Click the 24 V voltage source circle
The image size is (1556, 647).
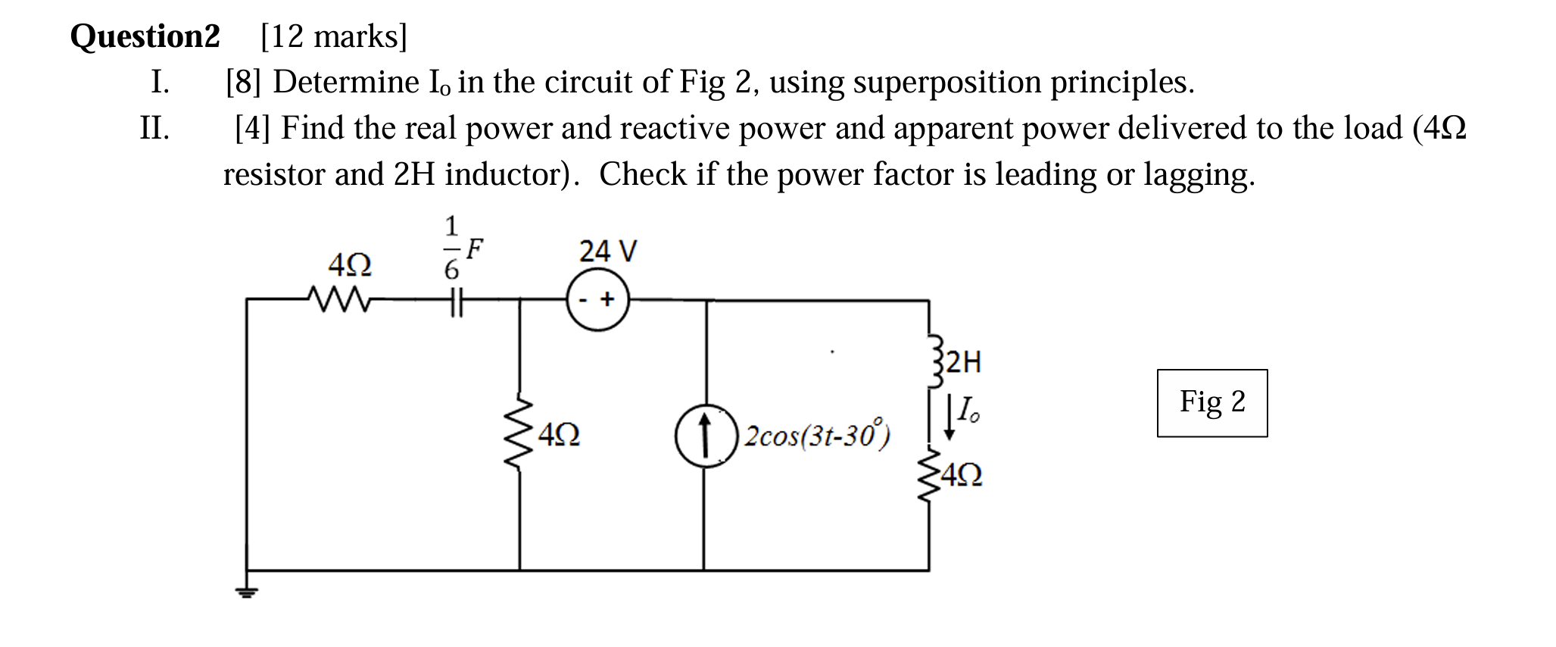point(598,300)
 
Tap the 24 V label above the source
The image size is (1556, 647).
point(608,251)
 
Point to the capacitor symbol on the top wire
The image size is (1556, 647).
point(453,301)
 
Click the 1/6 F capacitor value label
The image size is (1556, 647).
point(461,248)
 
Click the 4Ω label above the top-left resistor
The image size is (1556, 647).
point(350,265)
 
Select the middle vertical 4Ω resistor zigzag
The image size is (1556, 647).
point(519,433)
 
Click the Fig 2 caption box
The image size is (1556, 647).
point(1211,402)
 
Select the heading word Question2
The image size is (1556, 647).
point(145,36)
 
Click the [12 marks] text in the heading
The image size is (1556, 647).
point(333,36)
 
